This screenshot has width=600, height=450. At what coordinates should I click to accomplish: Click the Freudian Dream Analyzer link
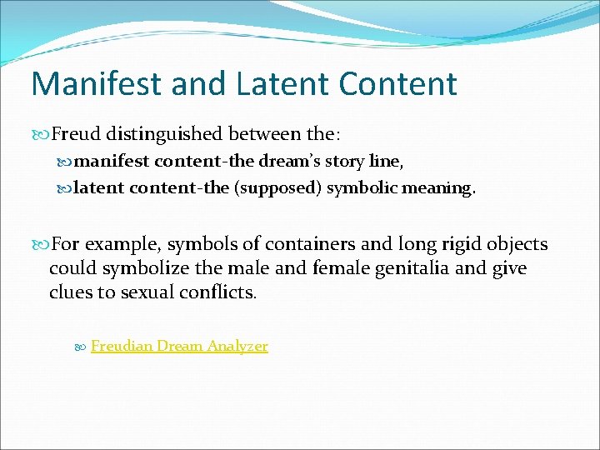[x=179, y=346]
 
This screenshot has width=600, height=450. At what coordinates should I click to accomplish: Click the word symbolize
[x=127, y=269]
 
